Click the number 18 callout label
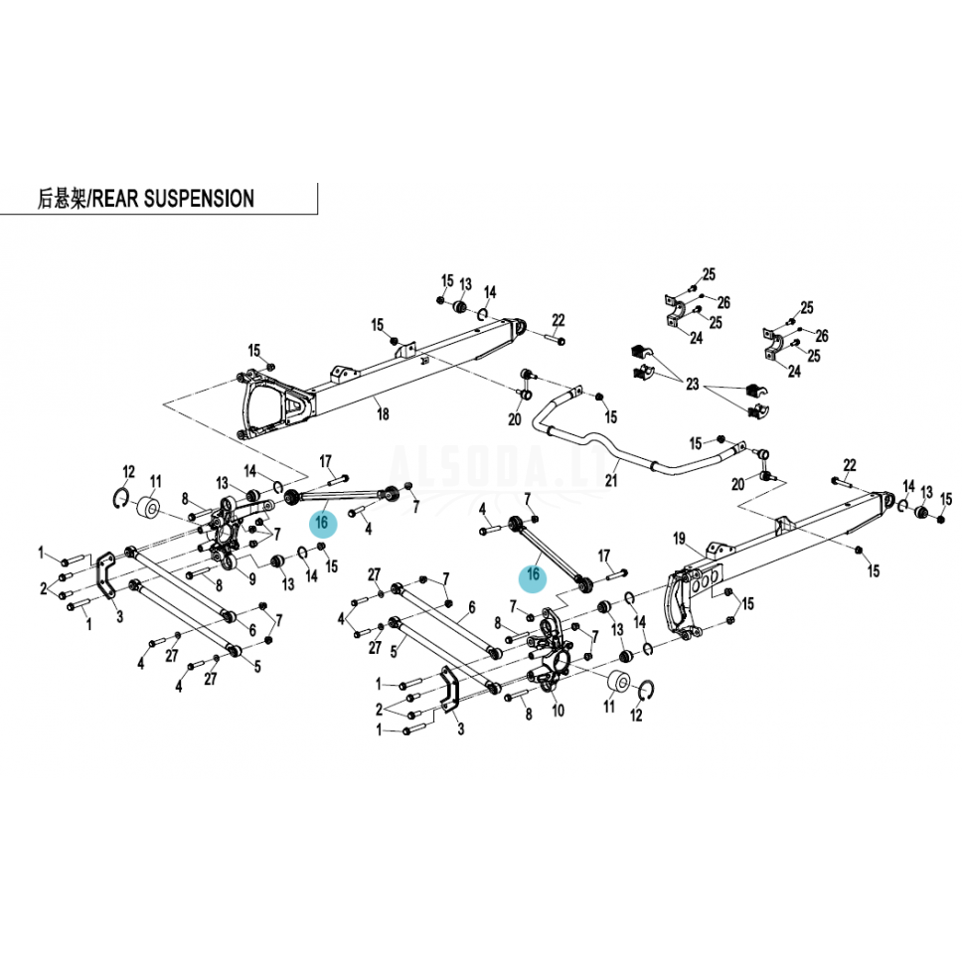383,414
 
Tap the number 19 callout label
679,539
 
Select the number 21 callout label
611,479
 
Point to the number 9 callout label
252,578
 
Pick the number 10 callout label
558,711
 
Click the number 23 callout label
693,384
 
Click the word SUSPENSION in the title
200,199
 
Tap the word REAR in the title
115,199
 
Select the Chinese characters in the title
62,199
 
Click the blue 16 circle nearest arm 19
533,575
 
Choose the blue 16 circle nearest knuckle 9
323,524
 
